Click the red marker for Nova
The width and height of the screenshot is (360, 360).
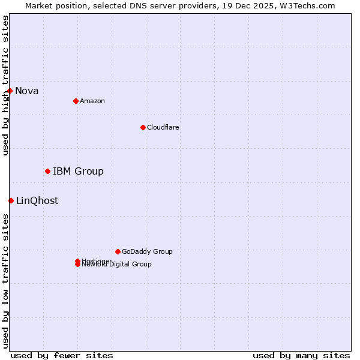[x=10, y=91]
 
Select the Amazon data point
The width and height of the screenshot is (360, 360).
[x=76, y=101]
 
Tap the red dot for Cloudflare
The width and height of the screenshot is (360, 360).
[x=143, y=127]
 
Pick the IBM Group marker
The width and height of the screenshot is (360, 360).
[x=47, y=171]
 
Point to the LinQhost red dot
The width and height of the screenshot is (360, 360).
[x=11, y=200]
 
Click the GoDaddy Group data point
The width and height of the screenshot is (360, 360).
[x=118, y=251]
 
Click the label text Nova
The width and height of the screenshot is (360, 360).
[x=26, y=91]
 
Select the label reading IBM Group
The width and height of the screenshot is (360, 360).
[x=78, y=172]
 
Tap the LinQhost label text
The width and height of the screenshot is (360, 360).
[x=37, y=201]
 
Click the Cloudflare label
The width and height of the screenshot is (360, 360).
[x=163, y=128]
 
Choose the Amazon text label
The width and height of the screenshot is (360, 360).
[x=92, y=101]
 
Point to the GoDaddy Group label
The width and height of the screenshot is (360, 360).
[x=147, y=252]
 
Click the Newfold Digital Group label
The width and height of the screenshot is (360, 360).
[x=116, y=265]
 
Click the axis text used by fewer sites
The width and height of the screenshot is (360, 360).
[x=62, y=355]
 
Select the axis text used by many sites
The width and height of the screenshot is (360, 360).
[x=301, y=355]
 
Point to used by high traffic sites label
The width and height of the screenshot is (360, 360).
[x=5, y=85]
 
